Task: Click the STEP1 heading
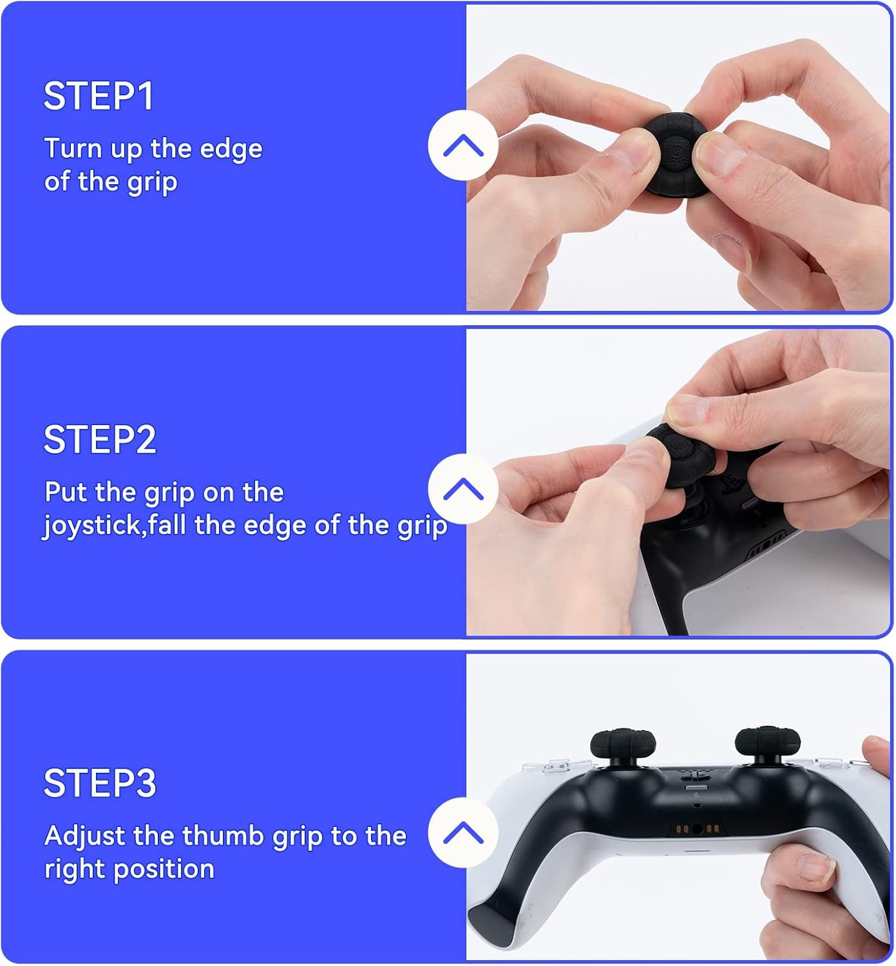click(99, 97)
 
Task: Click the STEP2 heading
click(100, 440)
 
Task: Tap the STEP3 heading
click(100, 783)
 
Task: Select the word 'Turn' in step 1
click(72, 149)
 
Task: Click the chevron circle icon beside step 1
click(463, 146)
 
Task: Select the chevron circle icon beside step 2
click(463, 489)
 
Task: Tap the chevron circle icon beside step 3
click(463, 833)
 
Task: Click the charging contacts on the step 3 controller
click(696, 828)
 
